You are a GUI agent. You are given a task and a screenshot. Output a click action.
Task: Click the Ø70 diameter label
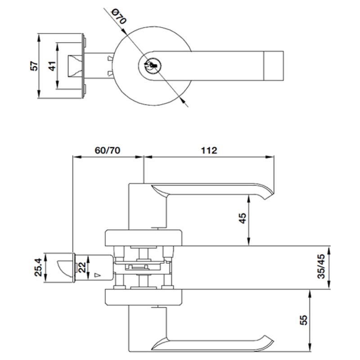click(x=119, y=17)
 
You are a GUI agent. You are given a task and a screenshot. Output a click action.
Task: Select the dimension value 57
click(x=34, y=66)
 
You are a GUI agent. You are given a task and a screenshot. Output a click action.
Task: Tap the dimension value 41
click(x=52, y=66)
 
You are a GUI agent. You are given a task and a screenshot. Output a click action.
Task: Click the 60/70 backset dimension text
click(x=108, y=150)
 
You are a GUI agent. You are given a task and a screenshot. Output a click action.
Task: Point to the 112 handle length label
click(x=209, y=150)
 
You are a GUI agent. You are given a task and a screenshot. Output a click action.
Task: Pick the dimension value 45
click(x=243, y=218)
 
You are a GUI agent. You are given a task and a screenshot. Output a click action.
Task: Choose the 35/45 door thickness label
click(x=321, y=266)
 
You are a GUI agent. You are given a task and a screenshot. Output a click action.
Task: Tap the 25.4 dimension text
click(x=38, y=267)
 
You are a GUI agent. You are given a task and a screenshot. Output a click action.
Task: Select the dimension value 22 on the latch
click(x=82, y=267)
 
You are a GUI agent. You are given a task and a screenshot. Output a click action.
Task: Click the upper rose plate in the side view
click(x=144, y=238)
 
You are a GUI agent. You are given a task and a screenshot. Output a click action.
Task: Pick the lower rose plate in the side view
click(x=144, y=297)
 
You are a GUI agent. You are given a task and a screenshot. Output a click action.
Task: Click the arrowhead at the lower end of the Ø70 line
click(x=183, y=100)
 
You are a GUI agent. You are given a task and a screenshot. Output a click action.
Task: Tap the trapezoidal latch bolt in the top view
click(x=74, y=66)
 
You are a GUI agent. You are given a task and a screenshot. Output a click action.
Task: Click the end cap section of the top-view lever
click(x=274, y=66)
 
